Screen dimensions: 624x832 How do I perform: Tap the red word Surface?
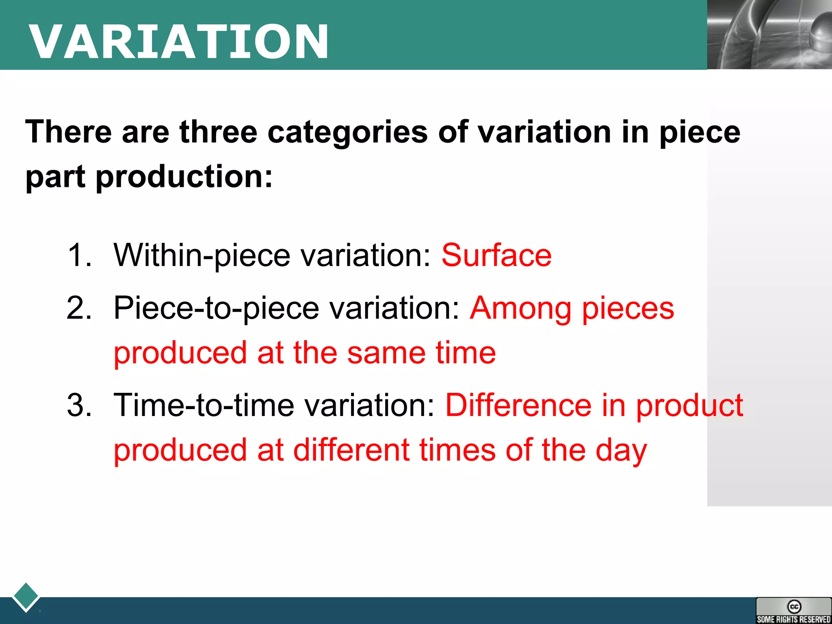(x=496, y=256)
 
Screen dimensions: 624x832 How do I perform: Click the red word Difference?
(x=518, y=405)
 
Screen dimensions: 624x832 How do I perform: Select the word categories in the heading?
(x=347, y=132)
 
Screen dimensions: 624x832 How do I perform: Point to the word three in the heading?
(x=218, y=132)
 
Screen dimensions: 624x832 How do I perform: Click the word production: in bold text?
(x=184, y=177)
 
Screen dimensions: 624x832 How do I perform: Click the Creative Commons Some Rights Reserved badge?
(x=793, y=611)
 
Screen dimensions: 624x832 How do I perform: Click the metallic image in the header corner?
(x=769, y=35)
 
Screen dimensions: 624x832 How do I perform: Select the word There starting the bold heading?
(x=68, y=132)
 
